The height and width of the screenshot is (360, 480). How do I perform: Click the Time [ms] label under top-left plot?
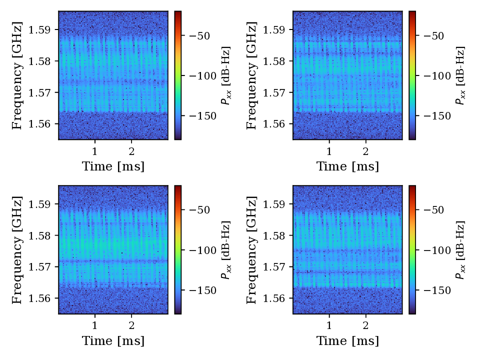113,166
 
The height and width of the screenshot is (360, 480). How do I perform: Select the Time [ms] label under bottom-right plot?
347,341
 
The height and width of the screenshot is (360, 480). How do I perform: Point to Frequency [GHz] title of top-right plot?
251,75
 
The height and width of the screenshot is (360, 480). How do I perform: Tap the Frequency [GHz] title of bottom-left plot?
17,249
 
